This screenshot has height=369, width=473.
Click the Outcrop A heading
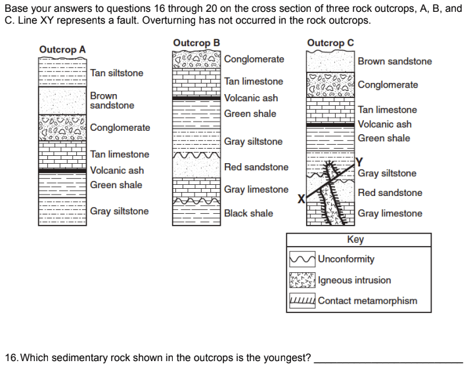click(62, 50)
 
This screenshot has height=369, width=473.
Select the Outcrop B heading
click(196, 43)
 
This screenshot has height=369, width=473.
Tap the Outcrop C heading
click(330, 43)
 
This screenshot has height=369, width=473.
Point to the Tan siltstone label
click(116, 73)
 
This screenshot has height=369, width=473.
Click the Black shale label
click(248, 214)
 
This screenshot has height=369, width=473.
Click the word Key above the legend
click(355, 240)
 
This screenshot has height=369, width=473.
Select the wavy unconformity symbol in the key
click(302, 259)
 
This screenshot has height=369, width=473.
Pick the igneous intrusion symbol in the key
click(302, 280)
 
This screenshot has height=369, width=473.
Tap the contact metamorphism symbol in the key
click(302, 301)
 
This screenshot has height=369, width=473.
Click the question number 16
click(11, 358)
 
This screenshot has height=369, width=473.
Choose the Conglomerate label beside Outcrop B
click(254, 59)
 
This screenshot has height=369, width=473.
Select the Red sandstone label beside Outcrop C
click(390, 193)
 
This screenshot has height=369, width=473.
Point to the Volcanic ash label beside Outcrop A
click(117, 170)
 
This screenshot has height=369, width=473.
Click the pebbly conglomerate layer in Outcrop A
click(62, 128)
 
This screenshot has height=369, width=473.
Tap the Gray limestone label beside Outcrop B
click(256, 189)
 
